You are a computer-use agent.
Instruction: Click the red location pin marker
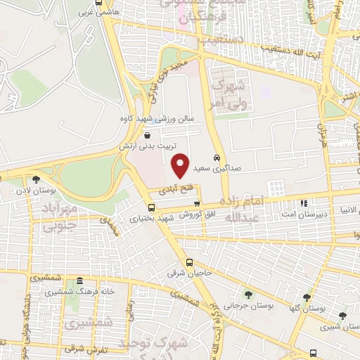(x=181, y=165)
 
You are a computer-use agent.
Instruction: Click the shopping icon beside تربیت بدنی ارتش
(x=146, y=135)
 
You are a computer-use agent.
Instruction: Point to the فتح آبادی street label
(x=171, y=190)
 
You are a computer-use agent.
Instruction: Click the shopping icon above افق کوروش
(x=207, y=203)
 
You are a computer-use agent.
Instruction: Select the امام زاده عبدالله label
(x=237, y=209)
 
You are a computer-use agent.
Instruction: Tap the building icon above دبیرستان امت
(x=304, y=203)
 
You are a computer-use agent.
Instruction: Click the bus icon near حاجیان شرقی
(x=188, y=262)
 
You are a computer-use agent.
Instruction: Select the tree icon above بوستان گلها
(x=306, y=297)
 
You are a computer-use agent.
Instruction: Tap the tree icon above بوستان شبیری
(x=342, y=316)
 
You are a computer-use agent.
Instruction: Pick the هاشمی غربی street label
(x=96, y=13)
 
